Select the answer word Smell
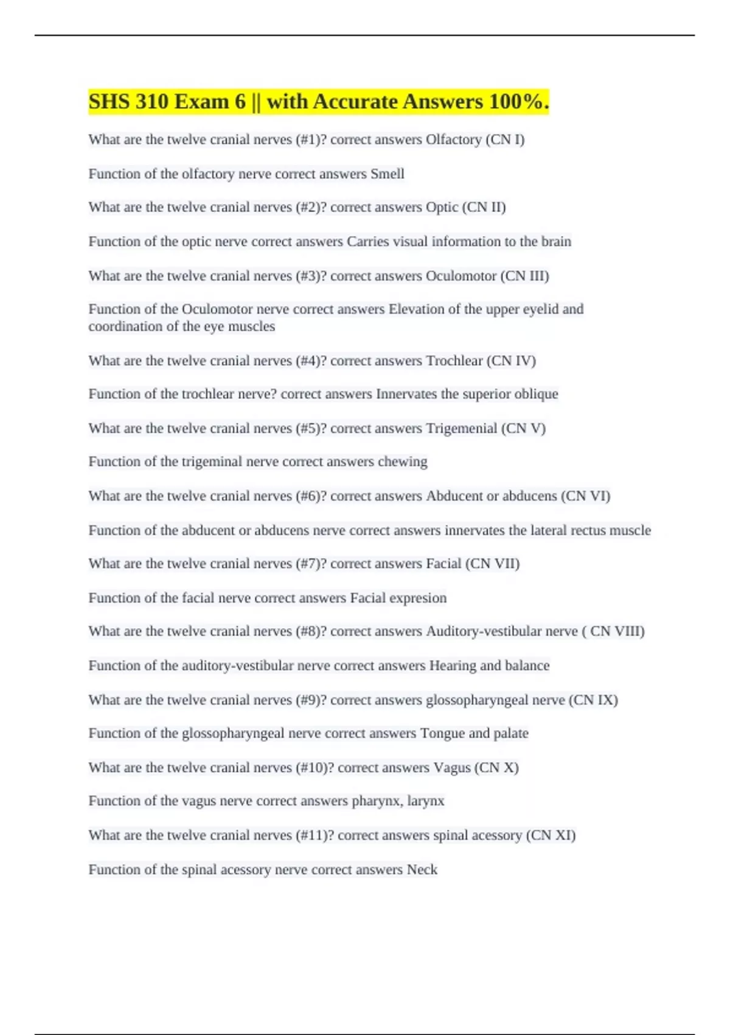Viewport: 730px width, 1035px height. tap(388, 174)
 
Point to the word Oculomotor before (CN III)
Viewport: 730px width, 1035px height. tap(461, 276)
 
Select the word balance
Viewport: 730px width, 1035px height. tap(526, 665)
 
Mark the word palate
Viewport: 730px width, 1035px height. tap(510, 733)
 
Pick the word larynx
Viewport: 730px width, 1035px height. tap(426, 801)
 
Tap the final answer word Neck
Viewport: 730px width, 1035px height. tap(422, 870)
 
